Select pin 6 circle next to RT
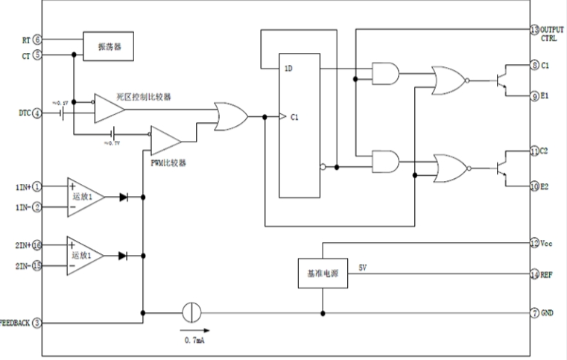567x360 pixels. point(37,39)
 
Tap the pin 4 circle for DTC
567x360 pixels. point(37,113)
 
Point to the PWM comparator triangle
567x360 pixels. point(165,139)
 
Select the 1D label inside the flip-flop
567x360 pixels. point(288,69)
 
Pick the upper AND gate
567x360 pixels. point(384,73)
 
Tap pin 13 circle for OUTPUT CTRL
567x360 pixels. point(534,30)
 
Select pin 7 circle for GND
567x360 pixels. point(534,312)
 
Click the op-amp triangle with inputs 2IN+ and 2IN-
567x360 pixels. point(85,255)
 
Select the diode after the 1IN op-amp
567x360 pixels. point(124,198)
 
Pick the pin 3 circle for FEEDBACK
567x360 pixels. point(37,323)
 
